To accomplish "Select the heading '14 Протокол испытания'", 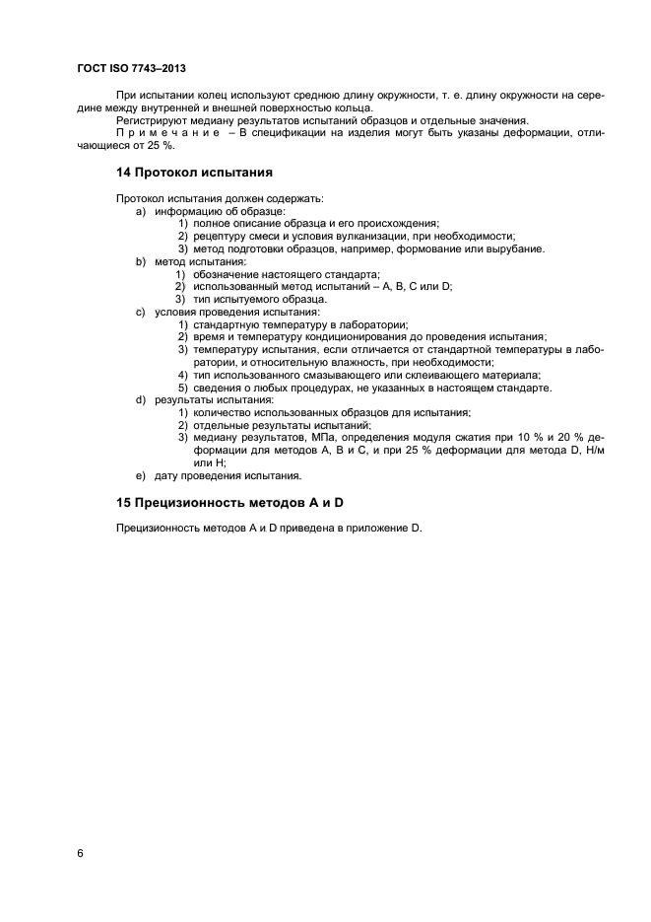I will pyautogui.click(x=181, y=171).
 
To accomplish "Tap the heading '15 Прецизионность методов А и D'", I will pyautogui.click(x=228, y=503).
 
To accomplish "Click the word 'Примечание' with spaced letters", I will pyautogui.click(x=160, y=132).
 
